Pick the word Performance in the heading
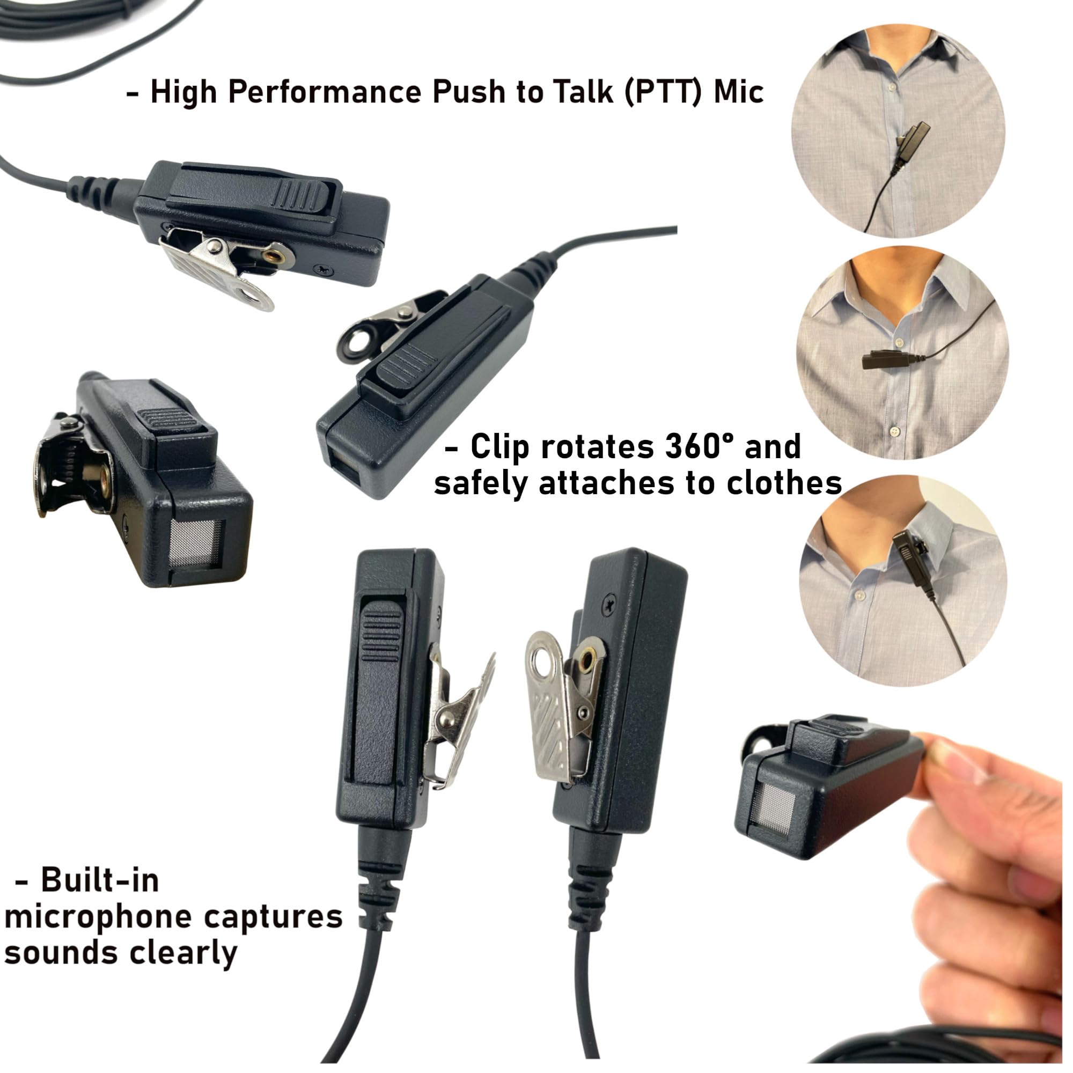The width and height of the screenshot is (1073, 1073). pos(325,92)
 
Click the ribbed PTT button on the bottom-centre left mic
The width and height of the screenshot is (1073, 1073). pos(381,634)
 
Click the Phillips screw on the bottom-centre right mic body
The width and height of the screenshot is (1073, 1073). pos(609,602)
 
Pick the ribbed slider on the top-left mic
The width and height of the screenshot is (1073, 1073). pos(303,194)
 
